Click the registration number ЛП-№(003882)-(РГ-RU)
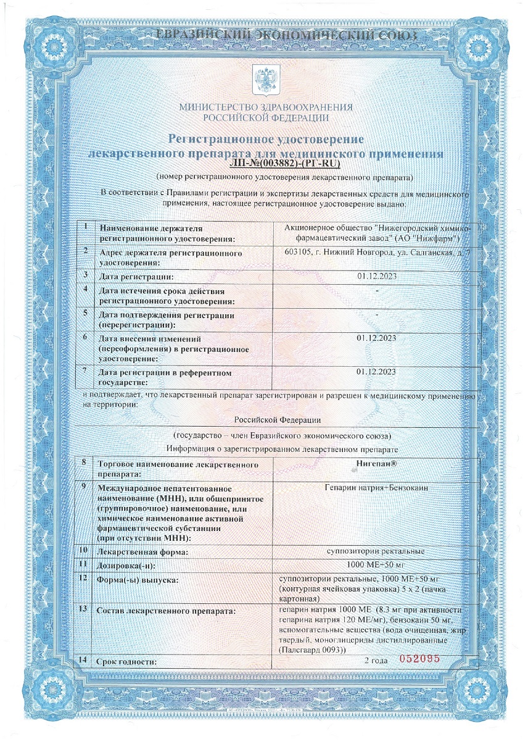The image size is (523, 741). pos(284,164)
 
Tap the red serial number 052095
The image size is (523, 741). pos(419,659)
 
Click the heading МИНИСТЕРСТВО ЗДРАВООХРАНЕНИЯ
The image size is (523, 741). pos(266,107)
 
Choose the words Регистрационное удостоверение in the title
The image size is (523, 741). pos(266,138)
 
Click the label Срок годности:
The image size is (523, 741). pos(126,662)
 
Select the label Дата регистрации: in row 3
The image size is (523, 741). pos(136,276)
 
